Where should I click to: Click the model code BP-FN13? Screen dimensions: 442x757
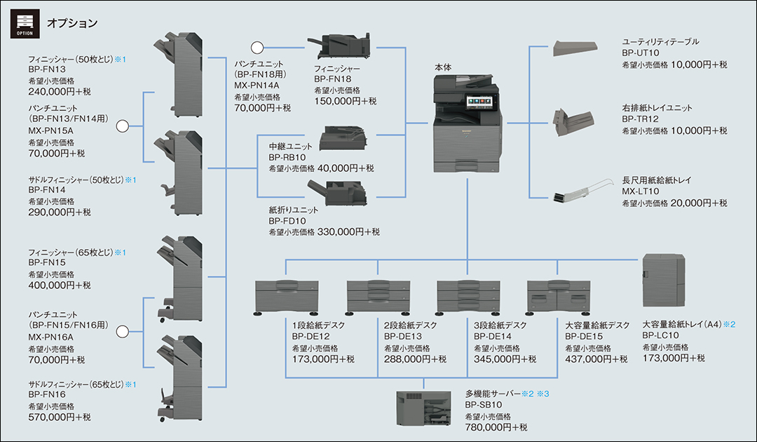[47, 70]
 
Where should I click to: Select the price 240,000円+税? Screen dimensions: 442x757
[60, 91]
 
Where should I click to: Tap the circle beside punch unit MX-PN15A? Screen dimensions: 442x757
[123, 126]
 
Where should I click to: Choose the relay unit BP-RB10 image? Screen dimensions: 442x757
[343, 138]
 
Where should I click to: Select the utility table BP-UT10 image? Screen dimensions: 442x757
[575, 48]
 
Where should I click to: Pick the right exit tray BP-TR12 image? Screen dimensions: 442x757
[574, 119]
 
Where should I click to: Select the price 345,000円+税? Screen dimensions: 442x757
[505, 359]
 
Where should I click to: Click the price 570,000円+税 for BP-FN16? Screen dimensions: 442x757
[60, 417]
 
